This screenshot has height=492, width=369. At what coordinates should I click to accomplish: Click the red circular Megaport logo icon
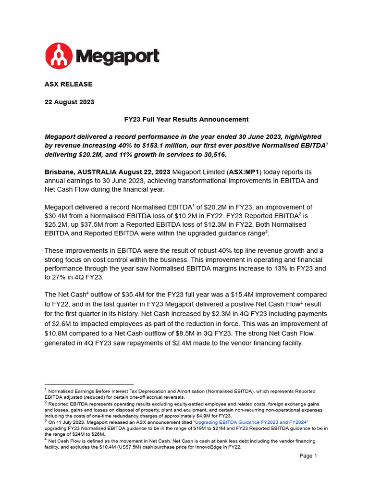(x=59, y=56)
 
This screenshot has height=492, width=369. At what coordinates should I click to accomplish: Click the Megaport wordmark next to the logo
(x=118, y=56)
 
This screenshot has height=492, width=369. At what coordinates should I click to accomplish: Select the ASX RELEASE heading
(x=68, y=84)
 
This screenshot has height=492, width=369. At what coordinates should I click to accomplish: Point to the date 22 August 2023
(x=69, y=102)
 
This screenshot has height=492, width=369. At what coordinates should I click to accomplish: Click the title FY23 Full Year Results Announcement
(x=184, y=119)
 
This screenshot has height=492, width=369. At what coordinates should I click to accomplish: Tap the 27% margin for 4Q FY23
(x=63, y=277)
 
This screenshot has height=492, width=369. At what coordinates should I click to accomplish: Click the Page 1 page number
(x=308, y=456)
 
